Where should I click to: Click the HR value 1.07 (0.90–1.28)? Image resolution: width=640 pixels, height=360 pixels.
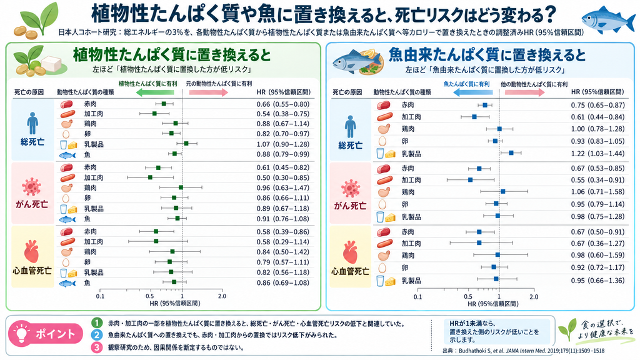tap(283, 144)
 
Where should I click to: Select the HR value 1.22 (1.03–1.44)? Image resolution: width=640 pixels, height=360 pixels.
tap(597, 154)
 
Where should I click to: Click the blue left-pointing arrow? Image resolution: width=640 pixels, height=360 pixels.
tap(472, 92)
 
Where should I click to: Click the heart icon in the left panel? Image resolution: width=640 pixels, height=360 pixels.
tap(31, 252)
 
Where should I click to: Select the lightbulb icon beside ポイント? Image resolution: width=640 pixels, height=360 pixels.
tap(21, 334)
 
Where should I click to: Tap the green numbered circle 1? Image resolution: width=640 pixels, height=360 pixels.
tap(97, 323)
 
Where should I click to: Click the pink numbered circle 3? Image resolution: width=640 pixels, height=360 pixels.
tap(97, 347)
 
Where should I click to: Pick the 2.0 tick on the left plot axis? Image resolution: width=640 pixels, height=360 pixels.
tap(222, 296)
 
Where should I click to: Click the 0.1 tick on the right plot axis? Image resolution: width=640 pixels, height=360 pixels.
tap(417, 297)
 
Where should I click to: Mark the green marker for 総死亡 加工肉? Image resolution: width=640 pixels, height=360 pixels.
tap(154, 114)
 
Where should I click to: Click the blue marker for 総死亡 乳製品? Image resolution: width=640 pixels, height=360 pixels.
tap(511, 152)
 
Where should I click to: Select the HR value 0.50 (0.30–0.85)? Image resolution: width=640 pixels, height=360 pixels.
tap(283, 177)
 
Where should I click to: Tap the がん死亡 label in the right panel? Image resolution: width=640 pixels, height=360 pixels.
tap(350, 206)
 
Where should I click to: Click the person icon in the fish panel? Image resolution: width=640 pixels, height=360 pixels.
tap(350, 127)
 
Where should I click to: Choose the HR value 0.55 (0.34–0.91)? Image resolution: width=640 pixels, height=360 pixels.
tap(597, 180)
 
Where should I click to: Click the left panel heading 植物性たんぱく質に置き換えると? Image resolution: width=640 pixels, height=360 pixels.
tap(172, 55)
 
